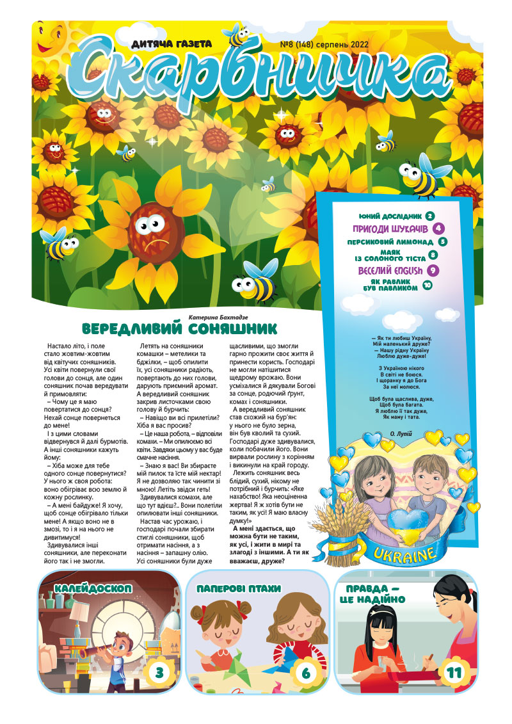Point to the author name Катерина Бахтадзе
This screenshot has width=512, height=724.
(218, 317)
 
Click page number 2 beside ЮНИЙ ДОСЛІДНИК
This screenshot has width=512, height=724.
(430, 216)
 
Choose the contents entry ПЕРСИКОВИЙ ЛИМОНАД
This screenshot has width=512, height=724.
(390, 243)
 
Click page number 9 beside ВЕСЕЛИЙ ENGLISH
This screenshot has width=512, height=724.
(433, 271)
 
